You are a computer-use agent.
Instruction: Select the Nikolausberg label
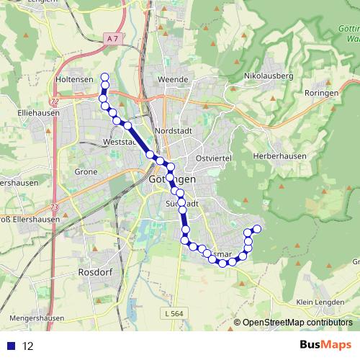269,75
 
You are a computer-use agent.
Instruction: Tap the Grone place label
86,172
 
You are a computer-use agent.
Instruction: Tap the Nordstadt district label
172,131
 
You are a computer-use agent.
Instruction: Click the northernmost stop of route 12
104,77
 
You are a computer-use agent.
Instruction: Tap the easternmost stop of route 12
256,230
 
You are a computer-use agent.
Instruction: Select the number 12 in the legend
28,346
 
